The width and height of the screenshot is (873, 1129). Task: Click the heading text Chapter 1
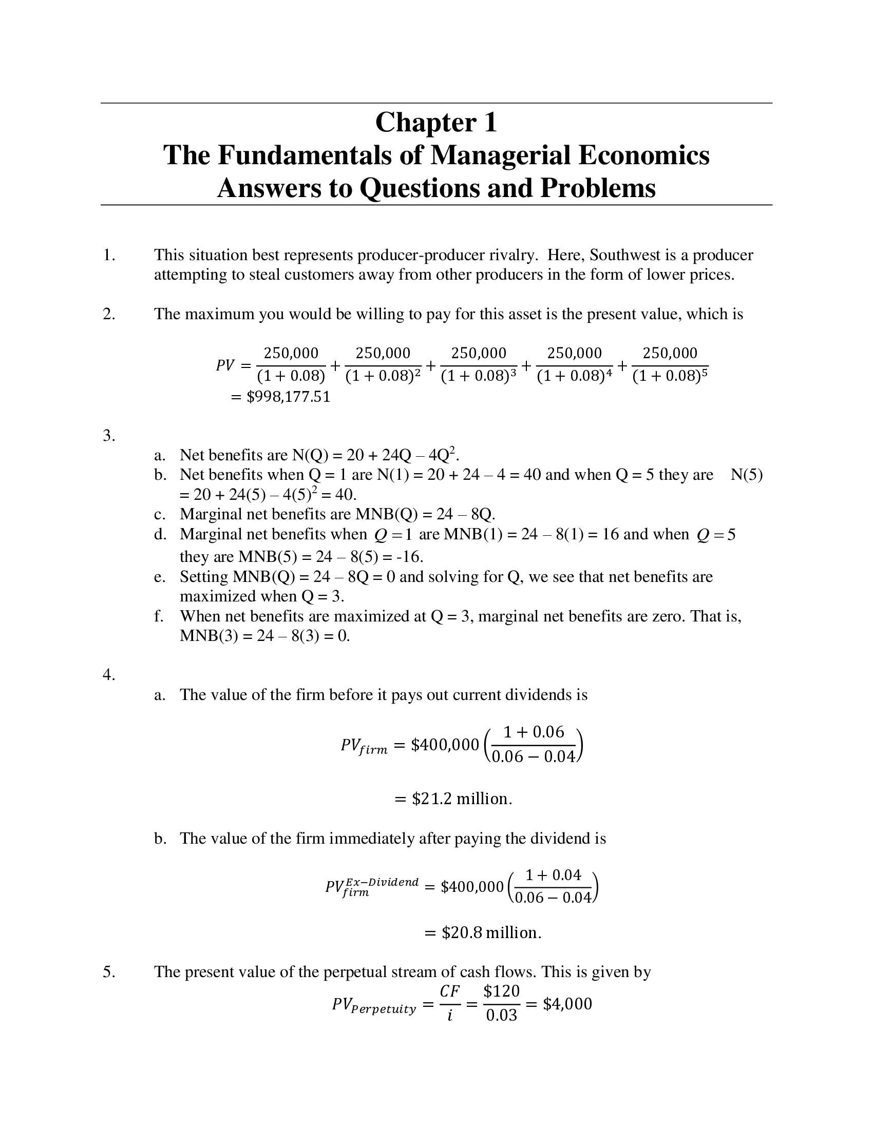(x=436, y=123)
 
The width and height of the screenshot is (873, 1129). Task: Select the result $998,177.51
(x=288, y=397)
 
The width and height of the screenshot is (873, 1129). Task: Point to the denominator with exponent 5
(x=670, y=376)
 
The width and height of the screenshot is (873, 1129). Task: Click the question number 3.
(x=108, y=436)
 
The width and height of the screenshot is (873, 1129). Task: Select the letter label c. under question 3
(x=160, y=514)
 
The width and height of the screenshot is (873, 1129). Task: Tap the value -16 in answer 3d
(x=412, y=557)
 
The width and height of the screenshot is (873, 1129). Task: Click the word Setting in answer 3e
(x=204, y=576)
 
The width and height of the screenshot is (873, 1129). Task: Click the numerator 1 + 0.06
(x=533, y=732)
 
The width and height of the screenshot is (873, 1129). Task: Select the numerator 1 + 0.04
(x=553, y=875)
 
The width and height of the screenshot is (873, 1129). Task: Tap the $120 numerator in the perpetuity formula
(x=501, y=991)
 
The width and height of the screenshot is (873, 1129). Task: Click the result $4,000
(x=567, y=1004)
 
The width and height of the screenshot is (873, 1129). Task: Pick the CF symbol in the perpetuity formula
(x=449, y=991)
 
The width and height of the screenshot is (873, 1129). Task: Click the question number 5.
(x=108, y=972)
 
